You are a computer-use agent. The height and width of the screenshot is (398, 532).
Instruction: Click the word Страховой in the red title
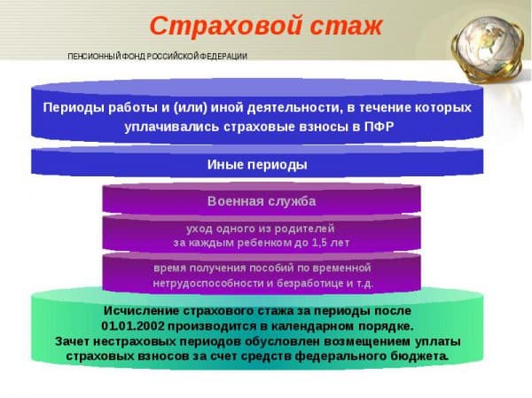(225, 26)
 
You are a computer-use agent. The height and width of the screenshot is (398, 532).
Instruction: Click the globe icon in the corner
(488, 48)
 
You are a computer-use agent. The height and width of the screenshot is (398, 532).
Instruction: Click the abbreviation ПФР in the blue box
(379, 127)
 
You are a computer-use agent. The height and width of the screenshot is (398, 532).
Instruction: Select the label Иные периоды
(257, 165)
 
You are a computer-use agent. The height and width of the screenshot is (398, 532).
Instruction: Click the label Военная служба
(262, 201)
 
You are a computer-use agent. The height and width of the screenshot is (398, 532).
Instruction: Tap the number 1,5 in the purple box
(317, 243)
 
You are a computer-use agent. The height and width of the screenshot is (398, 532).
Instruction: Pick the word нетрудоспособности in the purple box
(208, 283)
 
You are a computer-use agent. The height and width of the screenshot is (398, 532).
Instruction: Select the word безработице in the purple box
(310, 283)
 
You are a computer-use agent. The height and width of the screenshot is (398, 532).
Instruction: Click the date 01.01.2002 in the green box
(133, 326)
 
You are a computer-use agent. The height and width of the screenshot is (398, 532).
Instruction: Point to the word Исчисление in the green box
(141, 311)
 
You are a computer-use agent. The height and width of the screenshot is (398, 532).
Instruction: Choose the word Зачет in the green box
(72, 341)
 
